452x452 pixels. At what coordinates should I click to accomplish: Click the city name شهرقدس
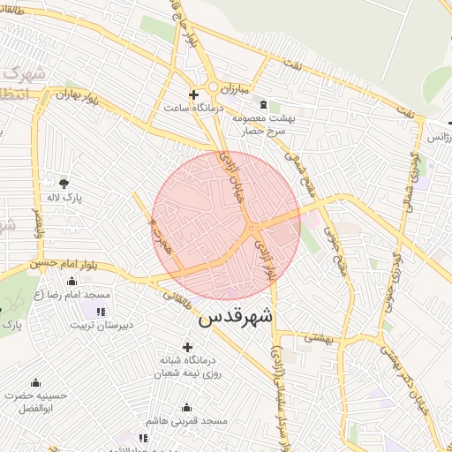236,315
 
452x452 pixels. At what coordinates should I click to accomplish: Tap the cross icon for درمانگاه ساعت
194,94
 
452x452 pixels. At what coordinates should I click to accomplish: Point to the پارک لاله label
65,199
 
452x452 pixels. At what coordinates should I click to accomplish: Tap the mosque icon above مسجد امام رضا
72,280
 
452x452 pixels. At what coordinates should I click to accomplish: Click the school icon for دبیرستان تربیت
100,311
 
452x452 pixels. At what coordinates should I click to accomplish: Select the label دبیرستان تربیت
102,325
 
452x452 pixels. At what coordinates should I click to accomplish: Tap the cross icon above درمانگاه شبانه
186,347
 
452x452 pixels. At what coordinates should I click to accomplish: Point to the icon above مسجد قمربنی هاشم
186,408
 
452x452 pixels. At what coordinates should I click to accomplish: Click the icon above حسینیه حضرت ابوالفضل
36,382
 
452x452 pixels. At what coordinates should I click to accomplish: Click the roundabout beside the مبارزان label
215,87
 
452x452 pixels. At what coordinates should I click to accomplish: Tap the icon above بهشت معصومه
263,104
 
